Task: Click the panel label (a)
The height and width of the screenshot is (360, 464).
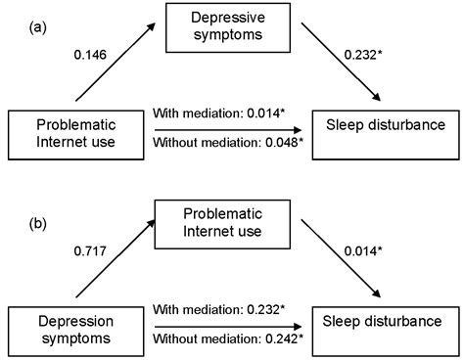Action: click(x=38, y=28)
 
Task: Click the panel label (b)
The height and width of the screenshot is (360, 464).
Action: click(x=38, y=224)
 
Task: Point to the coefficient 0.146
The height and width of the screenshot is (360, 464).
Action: click(x=90, y=55)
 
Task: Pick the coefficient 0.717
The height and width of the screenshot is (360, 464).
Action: click(x=90, y=251)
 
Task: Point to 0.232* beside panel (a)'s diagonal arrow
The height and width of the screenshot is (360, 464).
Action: click(x=363, y=55)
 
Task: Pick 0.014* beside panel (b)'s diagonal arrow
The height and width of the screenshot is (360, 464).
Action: click(x=363, y=251)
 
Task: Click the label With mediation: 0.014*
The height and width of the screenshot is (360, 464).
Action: click(x=219, y=113)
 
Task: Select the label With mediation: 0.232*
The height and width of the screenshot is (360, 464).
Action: click(x=219, y=310)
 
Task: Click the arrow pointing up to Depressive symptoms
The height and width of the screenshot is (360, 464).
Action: click(x=116, y=62)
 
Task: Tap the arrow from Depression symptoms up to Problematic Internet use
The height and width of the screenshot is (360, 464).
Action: click(x=116, y=258)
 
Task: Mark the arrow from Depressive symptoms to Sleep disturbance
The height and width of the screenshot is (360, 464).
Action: click(x=341, y=62)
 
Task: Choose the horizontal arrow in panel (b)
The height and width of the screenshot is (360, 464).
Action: click(x=228, y=327)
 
